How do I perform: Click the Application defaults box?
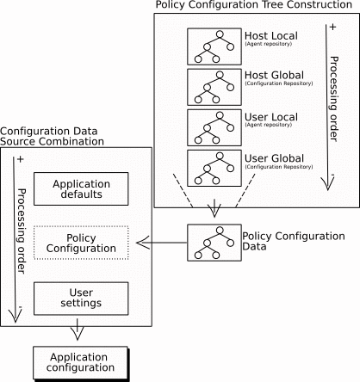click(82, 188)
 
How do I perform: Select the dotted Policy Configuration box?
click(81, 243)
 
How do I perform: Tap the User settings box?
click(81, 297)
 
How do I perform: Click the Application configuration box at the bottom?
click(81, 361)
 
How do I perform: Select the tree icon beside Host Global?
click(212, 87)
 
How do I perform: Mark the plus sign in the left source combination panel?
click(19, 160)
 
